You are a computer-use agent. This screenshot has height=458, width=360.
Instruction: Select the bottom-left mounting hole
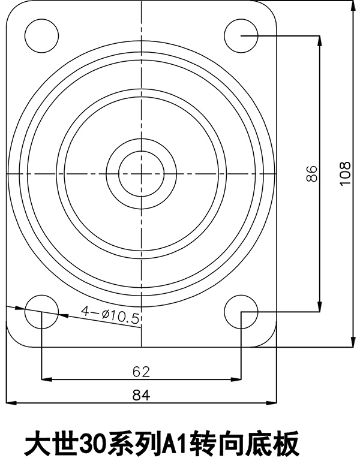click(41, 312)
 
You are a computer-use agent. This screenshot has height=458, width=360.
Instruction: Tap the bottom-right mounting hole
click(241, 312)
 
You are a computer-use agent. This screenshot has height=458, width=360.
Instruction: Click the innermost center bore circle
click(141, 173)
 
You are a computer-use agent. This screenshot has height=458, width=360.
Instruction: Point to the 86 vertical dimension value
click(311, 174)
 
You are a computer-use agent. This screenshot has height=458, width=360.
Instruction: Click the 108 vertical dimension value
click(344, 174)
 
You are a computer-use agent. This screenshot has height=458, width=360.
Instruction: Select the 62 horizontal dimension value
click(140, 372)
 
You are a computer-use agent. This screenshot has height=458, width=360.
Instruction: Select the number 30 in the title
click(90, 444)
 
